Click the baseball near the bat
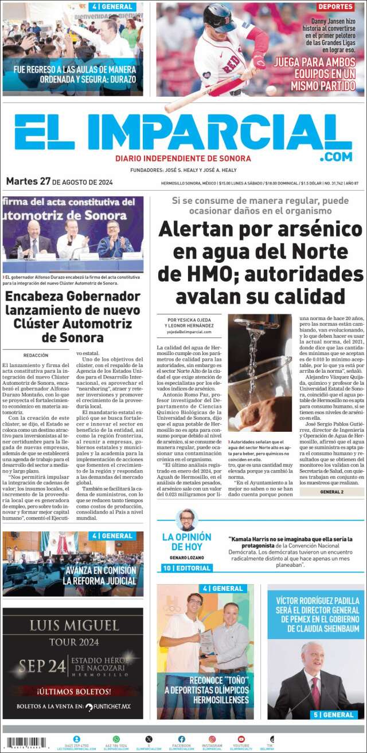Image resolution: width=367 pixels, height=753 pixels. click(x=271, y=90)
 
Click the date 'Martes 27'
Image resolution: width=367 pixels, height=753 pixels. click(x=28, y=182)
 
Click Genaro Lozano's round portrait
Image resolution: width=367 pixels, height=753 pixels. click(x=186, y=520)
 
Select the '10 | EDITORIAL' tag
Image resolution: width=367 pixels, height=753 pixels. click(x=187, y=568)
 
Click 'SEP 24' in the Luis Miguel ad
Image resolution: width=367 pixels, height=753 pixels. click(x=40, y=666)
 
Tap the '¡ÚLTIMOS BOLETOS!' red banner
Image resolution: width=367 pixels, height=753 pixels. click(x=73, y=691)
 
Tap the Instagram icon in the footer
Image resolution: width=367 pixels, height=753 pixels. click(x=212, y=739)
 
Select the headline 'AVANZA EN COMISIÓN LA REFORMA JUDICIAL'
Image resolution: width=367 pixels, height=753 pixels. click(x=100, y=575)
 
